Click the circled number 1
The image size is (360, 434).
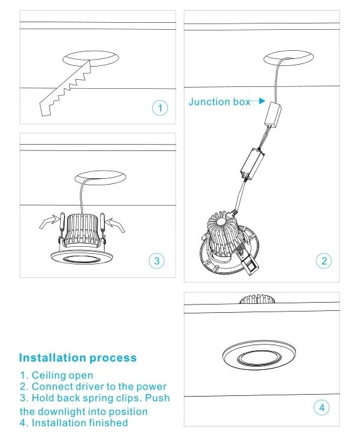tap(160, 108)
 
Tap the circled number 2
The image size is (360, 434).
tap(323, 260)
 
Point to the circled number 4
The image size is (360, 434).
tap(322, 407)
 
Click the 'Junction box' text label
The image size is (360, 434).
tap(219, 102)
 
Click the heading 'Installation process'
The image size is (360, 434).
tap(77, 358)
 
